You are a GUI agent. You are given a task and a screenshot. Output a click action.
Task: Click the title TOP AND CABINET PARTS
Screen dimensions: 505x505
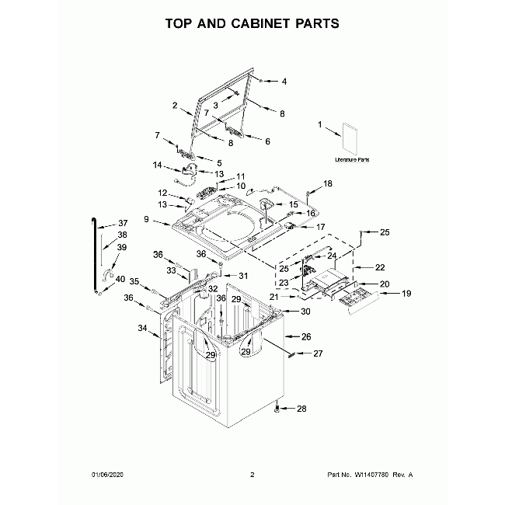click(x=252, y=23)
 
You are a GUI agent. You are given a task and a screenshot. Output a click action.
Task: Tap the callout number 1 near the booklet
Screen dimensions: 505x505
click(x=319, y=124)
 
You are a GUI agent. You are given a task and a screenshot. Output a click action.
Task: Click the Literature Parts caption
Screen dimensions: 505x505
click(x=352, y=159)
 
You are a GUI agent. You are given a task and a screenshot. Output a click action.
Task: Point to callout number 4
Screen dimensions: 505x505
click(x=284, y=81)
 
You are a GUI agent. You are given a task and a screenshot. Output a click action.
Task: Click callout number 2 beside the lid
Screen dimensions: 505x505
click(x=176, y=105)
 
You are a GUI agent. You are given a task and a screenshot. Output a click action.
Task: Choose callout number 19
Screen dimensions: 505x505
click(x=384, y=294)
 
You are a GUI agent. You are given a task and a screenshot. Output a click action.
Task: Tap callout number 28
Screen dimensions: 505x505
click(x=302, y=409)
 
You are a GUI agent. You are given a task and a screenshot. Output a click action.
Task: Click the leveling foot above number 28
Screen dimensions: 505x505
click(x=277, y=406)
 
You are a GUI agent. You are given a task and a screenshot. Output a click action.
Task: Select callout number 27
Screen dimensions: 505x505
click(x=317, y=354)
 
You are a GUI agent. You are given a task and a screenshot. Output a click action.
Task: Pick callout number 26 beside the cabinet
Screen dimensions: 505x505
click(x=305, y=337)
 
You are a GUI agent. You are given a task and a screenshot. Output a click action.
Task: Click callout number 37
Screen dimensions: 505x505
click(x=123, y=223)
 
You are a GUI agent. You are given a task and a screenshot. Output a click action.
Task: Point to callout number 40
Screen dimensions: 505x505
click(x=120, y=279)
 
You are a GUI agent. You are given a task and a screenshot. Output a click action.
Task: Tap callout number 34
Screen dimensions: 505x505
click(x=142, y=329)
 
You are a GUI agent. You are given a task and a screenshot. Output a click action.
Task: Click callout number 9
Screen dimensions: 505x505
click(x=146, y=220)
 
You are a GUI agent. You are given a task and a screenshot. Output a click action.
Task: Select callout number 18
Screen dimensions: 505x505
click(x=327, y=183)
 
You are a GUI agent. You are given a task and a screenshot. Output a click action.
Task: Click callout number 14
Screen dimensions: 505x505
click(x=157, y=165)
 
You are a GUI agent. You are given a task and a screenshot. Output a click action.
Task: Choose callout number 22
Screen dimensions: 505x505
click(x=380, y=267)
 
